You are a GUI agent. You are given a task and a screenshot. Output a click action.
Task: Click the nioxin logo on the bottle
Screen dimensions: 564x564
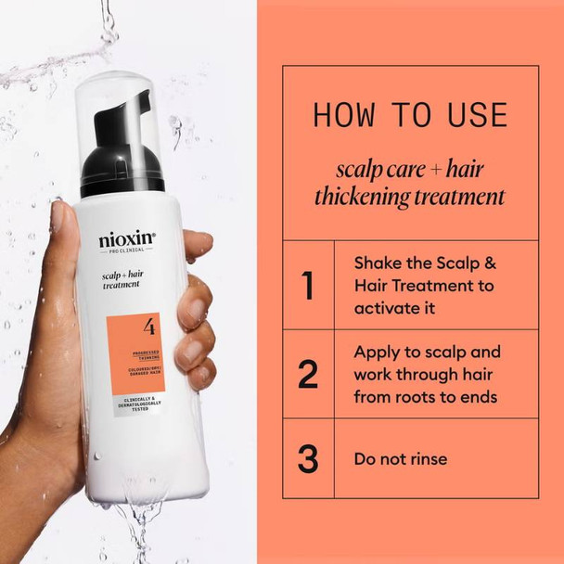127,240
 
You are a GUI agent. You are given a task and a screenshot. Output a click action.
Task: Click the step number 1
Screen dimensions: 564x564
308,285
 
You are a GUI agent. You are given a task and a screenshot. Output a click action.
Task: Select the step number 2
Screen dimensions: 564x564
308,374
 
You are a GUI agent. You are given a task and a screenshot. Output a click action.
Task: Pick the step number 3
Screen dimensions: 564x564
308,458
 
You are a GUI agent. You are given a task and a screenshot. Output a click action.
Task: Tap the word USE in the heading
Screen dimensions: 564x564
475,115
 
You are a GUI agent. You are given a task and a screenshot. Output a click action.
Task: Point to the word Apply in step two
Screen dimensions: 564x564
378,352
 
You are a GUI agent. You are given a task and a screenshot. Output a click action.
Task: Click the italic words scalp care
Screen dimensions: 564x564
370,169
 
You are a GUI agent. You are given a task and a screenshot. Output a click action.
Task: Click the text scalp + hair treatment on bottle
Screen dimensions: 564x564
122,281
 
